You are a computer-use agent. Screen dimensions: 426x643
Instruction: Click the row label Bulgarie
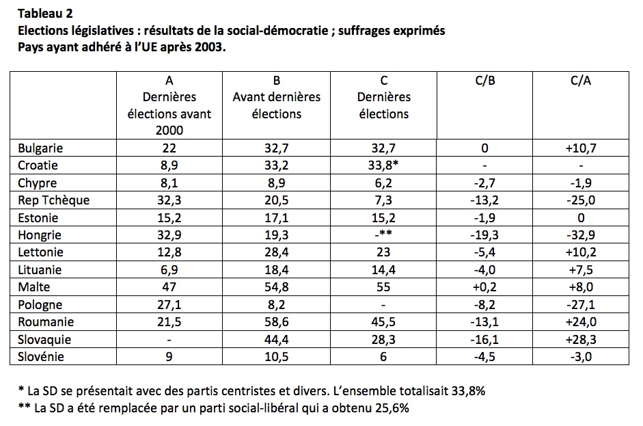point(40,148)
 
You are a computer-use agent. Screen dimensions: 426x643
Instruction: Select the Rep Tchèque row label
point(54,200)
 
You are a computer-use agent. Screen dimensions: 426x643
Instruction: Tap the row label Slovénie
point(41,358)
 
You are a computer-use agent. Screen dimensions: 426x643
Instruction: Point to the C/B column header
point(485,80)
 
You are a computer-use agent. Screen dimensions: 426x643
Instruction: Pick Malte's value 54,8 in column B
point(277,288)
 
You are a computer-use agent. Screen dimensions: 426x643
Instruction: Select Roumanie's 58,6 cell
point(277,323)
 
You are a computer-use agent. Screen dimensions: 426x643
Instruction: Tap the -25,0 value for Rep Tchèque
point(581,200)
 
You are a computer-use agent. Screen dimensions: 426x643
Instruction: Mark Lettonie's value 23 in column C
point(384,253)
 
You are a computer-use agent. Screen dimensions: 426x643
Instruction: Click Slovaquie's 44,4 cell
point(277,340)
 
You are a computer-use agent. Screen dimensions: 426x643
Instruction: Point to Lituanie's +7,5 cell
point(581,270)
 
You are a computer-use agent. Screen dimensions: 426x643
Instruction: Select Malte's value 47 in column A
point(169,288)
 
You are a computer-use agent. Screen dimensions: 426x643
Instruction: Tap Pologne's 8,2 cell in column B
point(277,305)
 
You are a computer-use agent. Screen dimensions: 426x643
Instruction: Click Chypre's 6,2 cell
point(384,183)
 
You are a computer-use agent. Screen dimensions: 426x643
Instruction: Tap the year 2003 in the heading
point(206,49)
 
